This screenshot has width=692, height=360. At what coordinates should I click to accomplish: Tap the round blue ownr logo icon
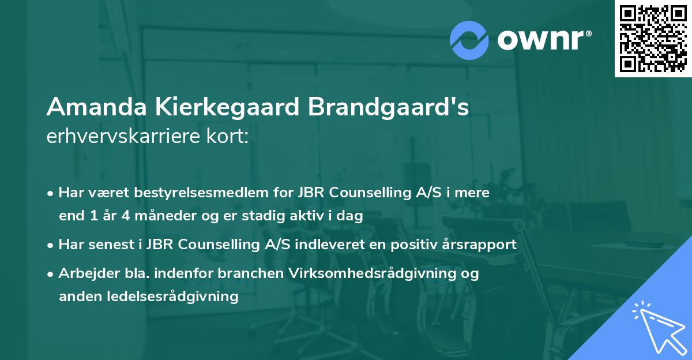[x=469, y=40]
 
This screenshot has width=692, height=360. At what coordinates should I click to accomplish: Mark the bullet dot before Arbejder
[x=51, y=274]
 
